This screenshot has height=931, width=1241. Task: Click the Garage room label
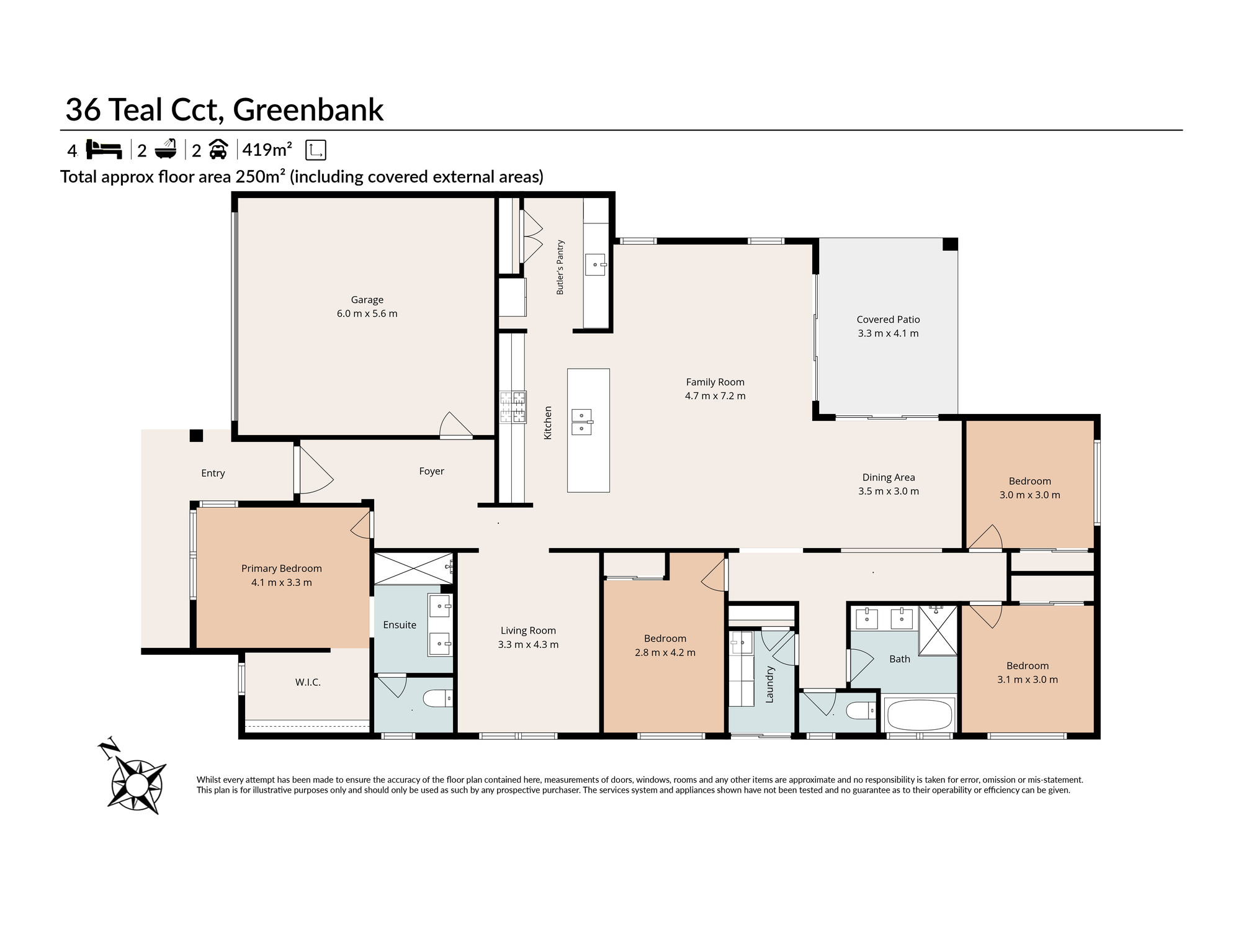point(367,300)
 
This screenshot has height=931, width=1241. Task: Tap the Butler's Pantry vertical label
point(560,268)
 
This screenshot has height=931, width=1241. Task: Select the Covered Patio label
point(888,320)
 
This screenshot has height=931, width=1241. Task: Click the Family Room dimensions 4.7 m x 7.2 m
point(715,396)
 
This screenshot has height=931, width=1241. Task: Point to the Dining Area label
point(889,477)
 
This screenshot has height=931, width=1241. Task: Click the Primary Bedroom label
point(282,569)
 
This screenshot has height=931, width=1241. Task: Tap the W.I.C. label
point(308,682)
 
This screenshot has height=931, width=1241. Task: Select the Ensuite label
point(400,625)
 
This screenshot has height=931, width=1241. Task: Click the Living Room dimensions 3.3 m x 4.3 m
point(528,645)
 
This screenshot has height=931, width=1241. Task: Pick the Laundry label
point(769,684)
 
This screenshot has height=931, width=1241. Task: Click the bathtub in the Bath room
point(920,716)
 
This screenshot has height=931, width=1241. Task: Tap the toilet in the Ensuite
point(438,699)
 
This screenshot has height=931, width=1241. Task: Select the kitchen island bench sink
point(581,422)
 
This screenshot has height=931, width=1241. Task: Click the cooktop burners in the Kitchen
point(513,407)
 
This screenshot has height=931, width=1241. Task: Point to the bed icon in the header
point(104,150)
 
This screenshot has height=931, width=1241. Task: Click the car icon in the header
point(218,150)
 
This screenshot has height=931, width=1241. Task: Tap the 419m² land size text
point(267,150)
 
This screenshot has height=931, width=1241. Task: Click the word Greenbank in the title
point(308,110)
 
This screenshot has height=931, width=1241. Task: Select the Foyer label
point(431,472)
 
